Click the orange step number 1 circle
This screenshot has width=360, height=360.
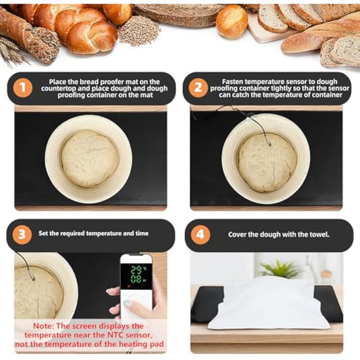[23, 89]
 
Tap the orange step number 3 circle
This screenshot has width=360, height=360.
[23, 234]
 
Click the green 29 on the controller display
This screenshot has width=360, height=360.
[135, 269]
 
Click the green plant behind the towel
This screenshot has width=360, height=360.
[281, 269]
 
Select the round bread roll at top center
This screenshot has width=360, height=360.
[231, 21]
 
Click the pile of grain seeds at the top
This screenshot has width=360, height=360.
[139, 30]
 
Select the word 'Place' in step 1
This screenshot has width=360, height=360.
[59, 81]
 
